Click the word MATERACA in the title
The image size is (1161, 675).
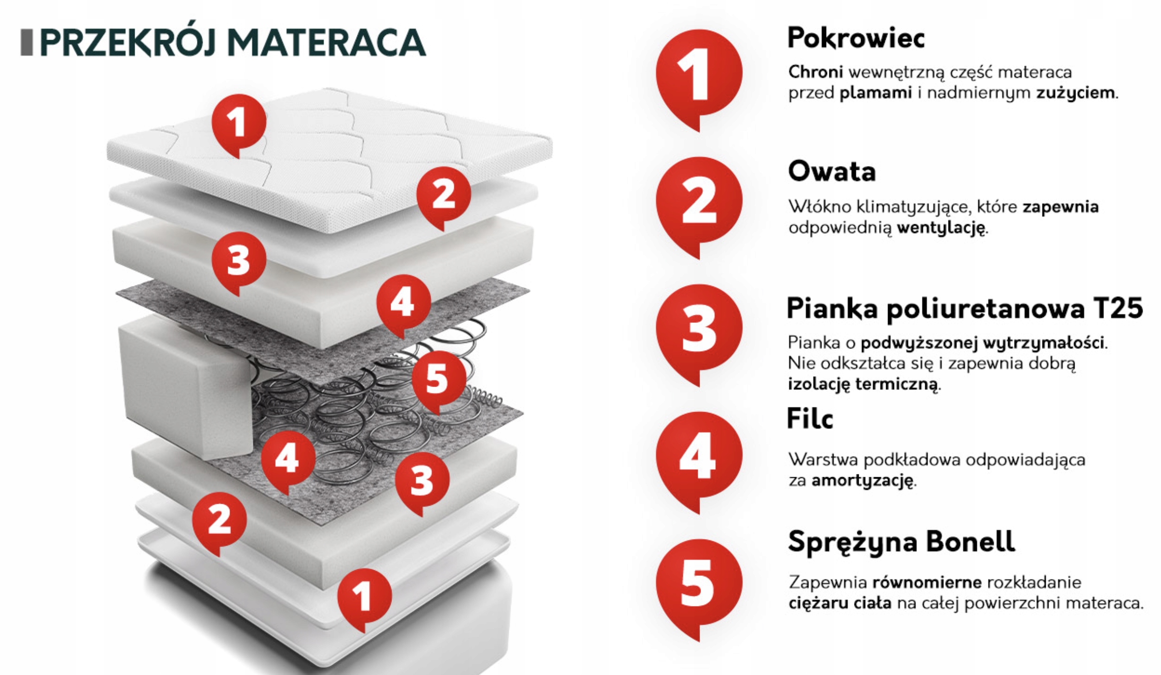(326, 42)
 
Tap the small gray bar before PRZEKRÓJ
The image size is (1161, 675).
(27, 42)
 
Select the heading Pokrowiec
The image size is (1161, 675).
(856, 38)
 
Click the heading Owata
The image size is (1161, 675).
(832, 171)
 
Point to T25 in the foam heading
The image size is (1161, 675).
(1118, 309)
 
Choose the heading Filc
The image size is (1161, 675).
(810, 418)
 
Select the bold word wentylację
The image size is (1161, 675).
(941, 229)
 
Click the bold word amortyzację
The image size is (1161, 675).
(862, 481)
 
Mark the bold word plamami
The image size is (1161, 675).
(876, 93)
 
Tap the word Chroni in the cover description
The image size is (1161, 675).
(816, 72)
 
